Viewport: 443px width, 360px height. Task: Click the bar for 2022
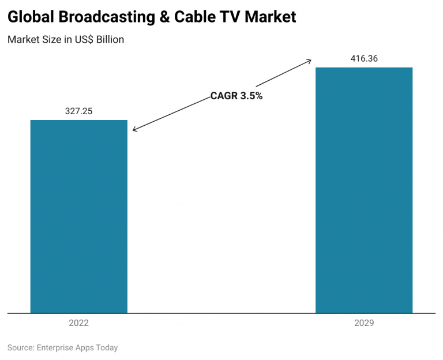pyautogui.click(x=78, y=216)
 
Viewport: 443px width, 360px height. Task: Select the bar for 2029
pyautogui.click(x=363, y=190)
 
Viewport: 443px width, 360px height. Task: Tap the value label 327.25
pyautogui.click(x=78, y=111)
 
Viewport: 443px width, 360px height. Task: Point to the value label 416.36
pyautogui.click(x=364, y=59)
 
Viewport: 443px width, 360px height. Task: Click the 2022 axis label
pyautogui.click(x=78, y=323)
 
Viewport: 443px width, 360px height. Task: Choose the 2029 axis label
pyautogui.click(x=364, y=323)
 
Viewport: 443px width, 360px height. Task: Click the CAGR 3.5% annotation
pyautogui.click(x=236, y=96)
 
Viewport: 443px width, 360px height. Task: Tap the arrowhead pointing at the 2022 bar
pyautogui.click(x=134, y=130)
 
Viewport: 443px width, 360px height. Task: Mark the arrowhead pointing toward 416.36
pyautogui.click(x=309, y=60)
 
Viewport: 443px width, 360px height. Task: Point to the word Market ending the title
pyautogui.click(x=269, y=17)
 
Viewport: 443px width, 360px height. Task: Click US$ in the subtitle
pyautogui.click(x=81, y=40)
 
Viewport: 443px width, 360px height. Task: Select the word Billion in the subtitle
pyautogui.click(x=110, y=40)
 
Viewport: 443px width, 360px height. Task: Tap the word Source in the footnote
pyautogui.click(x=20, y=348)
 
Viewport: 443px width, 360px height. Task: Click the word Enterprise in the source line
pyautogui.click(x=55, y=348)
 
